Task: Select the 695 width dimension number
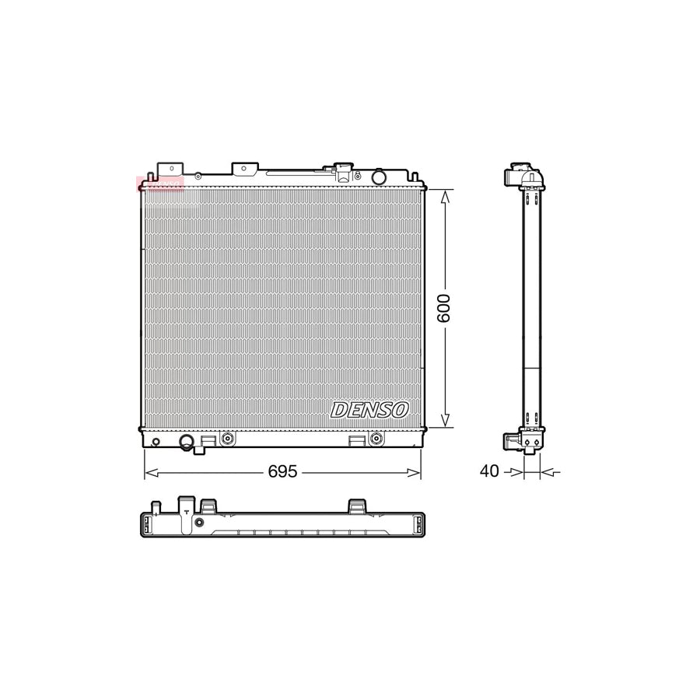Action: tap(282, 472)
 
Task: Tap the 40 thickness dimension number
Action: tap(489, 471)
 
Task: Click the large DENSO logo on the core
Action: tap(369, 410)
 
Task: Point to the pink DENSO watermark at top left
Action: tap(159, 184)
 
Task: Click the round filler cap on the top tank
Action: tap(379, 177)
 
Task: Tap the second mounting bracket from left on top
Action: tap(244, 169)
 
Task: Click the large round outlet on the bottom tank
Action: tap(187, 443)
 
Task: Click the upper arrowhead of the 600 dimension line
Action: tap(444, 196)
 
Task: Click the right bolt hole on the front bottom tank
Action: tap(376, 439)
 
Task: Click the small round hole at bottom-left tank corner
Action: tap(156, 443)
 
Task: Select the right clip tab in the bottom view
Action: tap(357, 506)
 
